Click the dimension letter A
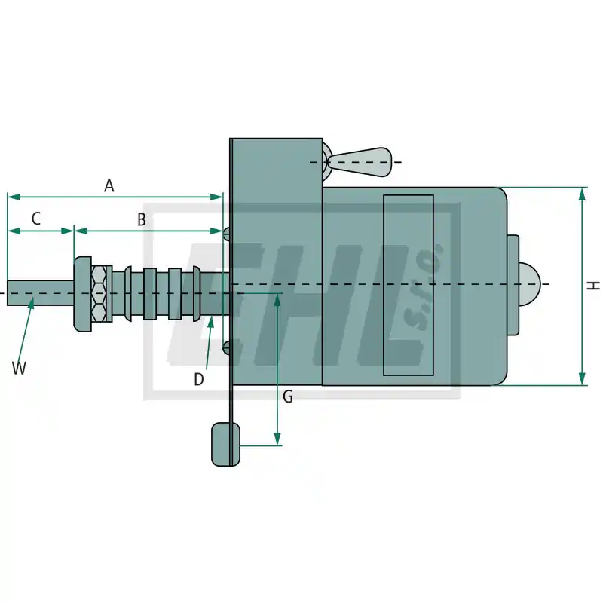point(109,185)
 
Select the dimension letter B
point(142,219)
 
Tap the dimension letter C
point(35,219)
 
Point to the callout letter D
point(198,380)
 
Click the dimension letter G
point(288,396)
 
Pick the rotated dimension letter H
point(594,286)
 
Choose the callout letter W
point(19,368)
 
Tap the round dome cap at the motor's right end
point(530,284)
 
